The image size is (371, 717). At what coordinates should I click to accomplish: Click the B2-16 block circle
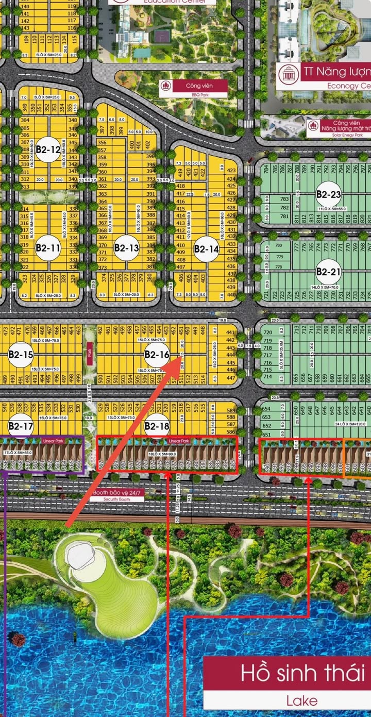(x=157, y=354)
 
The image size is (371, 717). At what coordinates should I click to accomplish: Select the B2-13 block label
(x=127, y=248)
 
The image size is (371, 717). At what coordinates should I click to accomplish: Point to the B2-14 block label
(x=207, y=248)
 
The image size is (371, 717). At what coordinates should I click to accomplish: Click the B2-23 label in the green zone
(x=329, y=194)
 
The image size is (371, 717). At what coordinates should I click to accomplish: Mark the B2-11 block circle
(x=48, y=248)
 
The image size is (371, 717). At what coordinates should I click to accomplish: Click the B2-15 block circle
(x=21, y=355)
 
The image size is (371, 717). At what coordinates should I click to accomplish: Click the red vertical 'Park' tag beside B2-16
(x=90, y=354)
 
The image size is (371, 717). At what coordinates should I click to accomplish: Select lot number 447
(x=230, y=378)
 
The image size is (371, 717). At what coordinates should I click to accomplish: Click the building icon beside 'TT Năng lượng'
(x=288, y=74)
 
